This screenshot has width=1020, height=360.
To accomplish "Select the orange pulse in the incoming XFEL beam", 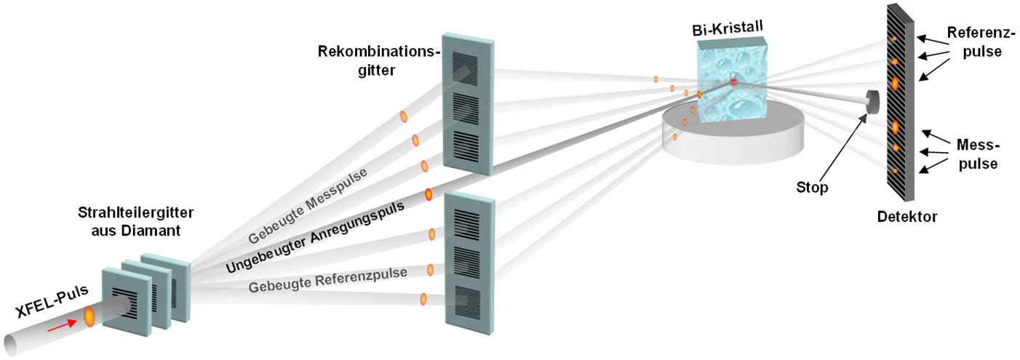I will point(89,316).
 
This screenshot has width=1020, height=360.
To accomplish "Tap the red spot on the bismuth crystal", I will point(733,82).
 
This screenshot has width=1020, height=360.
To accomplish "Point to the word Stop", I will point(811,188).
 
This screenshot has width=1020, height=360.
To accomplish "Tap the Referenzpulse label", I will point(973,42).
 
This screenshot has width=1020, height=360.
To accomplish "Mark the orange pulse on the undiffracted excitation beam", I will point(429,194).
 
